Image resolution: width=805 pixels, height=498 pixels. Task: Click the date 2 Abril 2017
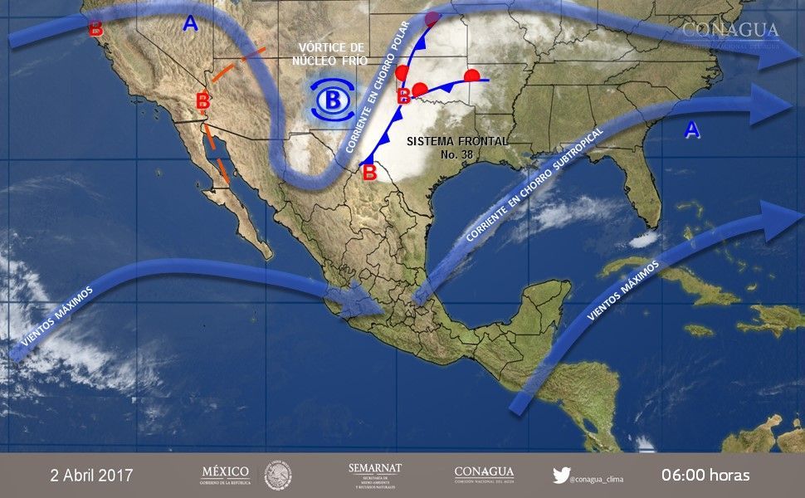click(91, 476)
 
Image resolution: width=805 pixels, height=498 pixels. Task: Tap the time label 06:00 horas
click(705, 476)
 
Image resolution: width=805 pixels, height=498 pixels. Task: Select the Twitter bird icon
click(561, 476)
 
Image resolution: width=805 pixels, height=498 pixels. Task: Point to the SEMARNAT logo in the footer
click(375, 475)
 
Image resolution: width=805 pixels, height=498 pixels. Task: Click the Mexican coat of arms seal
click(278, 476)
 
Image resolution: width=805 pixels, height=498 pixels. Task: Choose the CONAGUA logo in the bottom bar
click(484, 475)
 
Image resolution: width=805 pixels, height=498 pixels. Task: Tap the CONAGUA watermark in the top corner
click(730, 32)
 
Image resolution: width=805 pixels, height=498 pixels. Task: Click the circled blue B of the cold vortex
click(333, 100)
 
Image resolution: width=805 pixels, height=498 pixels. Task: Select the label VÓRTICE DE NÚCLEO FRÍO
click(329, 53)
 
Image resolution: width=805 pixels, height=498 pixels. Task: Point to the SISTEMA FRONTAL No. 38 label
click(457, 148)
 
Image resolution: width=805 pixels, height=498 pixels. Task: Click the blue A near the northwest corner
click(190, 25)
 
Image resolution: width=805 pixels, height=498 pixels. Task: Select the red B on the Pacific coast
click(95, 29)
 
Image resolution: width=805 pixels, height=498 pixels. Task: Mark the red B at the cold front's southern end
click(368, 173)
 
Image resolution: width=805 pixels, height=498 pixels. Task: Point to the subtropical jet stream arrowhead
click(776, 104)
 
